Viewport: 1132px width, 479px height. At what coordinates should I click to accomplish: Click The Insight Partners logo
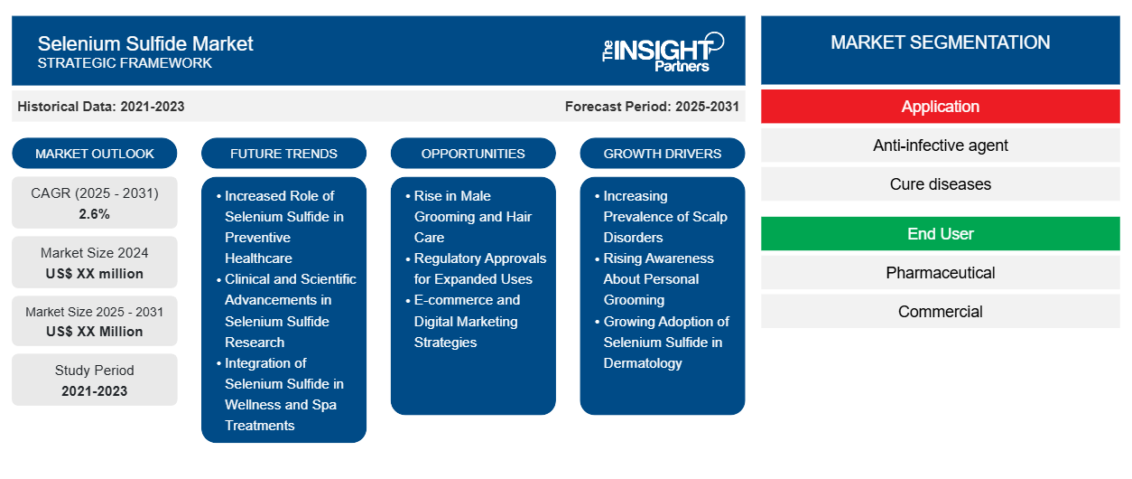(663, 52)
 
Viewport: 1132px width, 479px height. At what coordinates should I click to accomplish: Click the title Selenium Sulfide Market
(145, 44)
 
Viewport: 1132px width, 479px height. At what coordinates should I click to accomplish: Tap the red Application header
(940, 107)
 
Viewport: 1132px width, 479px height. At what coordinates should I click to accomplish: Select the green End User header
(940, 234)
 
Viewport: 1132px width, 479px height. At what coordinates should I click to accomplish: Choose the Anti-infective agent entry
(940, 146)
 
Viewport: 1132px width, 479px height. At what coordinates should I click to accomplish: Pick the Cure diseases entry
(940, 184)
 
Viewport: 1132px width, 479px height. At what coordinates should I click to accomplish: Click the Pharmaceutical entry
(940, 273)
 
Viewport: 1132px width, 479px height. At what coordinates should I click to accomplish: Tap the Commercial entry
(940, 312)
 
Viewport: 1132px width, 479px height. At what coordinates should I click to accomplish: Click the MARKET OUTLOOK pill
(95, 154)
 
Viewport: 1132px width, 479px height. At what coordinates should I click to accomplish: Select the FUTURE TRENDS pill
(283, 154)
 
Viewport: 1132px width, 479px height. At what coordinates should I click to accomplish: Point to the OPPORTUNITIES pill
(473, 154)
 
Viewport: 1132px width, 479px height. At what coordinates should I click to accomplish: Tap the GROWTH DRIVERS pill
(662, 154)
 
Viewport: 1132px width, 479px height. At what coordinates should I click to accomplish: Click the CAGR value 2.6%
(94, 214)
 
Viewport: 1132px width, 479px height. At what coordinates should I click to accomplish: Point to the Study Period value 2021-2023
(95, 391)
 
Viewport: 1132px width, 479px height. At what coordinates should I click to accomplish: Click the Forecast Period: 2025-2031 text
(652, 107)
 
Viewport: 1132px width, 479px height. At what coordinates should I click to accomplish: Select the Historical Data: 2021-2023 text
(101, 107)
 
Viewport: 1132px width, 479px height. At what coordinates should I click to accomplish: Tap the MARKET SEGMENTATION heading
(940, 42)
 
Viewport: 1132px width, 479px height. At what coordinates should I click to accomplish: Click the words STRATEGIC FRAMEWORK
(125, 63)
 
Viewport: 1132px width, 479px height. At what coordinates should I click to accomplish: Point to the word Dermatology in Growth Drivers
(643, 363)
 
